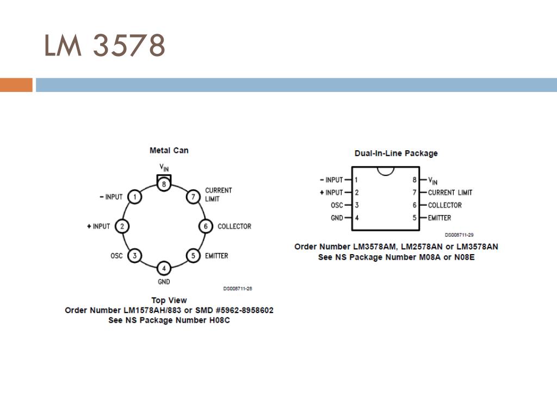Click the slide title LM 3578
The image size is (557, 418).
104,46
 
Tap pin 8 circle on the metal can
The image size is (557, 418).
164,184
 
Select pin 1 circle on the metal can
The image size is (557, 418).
134,197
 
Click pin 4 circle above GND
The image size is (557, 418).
164,268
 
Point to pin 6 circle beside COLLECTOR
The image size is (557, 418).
205,226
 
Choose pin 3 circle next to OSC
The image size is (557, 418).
134,255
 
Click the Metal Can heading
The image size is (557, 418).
169,150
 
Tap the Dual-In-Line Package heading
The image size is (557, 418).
395,153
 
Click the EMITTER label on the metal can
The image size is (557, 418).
216,256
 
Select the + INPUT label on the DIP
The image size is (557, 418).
331,193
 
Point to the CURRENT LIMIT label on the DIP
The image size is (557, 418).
450,193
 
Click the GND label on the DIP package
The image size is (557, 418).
337,218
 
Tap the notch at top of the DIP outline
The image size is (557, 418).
386,171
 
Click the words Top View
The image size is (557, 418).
169,300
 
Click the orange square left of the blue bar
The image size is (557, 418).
16,85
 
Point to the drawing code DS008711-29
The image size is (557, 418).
459,235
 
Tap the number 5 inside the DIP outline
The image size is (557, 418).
414,218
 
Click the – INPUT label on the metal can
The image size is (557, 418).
111,197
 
